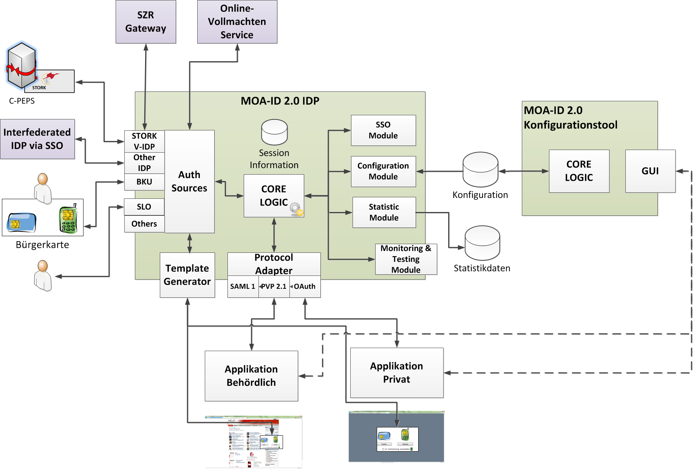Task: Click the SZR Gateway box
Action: pos(145,22)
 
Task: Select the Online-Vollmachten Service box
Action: pos(237,22)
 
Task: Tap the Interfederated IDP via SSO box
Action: pos(37,139)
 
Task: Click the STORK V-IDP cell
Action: pos(144,141)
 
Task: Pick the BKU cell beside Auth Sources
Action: pos(144,182)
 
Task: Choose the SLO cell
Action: pos(144,207)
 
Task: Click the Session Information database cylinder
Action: pos(274,132)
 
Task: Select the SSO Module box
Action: pos(383,130)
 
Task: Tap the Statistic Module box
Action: pos(384,212)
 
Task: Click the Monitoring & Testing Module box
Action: pos(406,259)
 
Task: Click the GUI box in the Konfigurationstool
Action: pos(650,171)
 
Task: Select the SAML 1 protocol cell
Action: pos(243,286)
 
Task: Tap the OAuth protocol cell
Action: pos(305,286)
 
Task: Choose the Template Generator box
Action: pos(187,275)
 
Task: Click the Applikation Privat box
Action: pos(396,373)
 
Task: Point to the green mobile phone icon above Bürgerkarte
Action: pos(68,220)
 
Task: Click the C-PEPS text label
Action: pos(22,101)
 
